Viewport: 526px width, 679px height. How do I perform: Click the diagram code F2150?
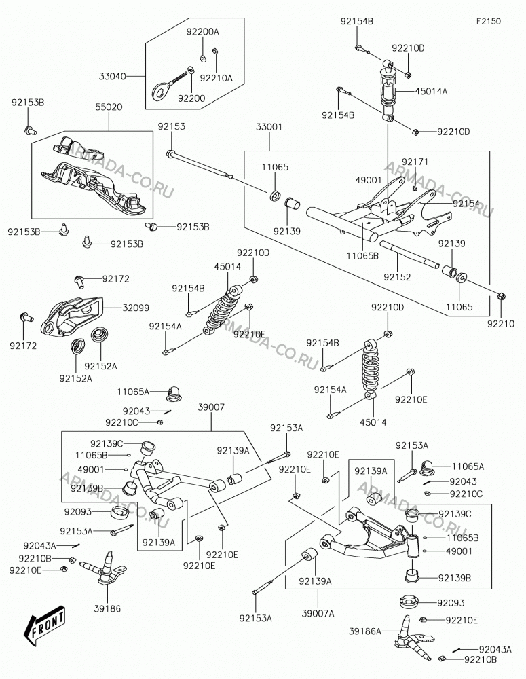coord(489,21)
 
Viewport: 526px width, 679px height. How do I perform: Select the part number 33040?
coord(113,77)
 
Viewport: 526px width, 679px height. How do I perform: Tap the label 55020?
coord(109,107)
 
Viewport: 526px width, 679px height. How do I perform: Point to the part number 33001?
coord(269,127)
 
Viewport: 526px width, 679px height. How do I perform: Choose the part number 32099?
coord(136,308)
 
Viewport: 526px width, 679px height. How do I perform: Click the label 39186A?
coord(365,631)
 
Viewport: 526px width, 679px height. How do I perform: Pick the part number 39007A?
coord(318,613)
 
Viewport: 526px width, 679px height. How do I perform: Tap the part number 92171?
coord(415,162)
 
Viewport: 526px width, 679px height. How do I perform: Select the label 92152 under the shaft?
coord(397,277)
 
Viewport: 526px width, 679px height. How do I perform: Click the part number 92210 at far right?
coord(501,323)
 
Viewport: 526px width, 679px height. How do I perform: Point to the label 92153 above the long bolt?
coord(172,126)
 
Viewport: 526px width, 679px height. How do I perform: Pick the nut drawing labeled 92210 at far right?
coord(502,297)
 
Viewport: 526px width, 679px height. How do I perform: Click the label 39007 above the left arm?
coord(211,407)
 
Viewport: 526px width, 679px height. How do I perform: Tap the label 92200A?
coord(203,31)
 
